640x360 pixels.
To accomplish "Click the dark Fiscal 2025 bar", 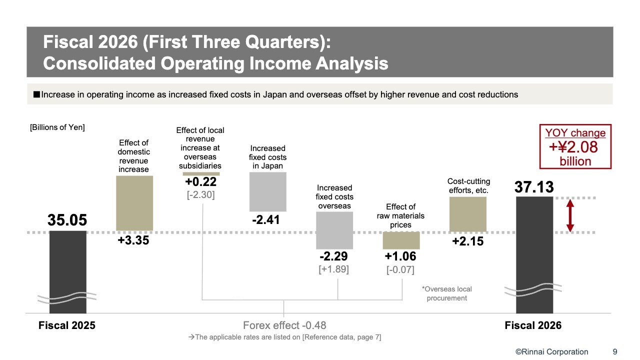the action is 67,272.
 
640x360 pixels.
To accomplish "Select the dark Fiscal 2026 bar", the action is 534,255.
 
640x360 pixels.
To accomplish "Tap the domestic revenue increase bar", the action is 134,203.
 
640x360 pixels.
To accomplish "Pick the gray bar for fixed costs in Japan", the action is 267,191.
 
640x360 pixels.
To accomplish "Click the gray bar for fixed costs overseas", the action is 334,230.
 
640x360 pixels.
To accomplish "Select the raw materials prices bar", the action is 401,240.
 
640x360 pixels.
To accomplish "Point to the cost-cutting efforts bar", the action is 467,214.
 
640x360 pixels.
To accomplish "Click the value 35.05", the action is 67,220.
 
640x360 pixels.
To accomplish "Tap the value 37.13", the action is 534,187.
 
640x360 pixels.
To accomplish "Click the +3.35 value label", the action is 133,240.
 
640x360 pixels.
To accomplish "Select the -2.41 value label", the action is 266,220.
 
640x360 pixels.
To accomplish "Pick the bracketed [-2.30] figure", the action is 201,195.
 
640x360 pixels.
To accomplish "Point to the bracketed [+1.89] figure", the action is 333,269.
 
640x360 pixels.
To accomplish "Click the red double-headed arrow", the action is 570,215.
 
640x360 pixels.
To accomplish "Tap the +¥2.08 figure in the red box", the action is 573,147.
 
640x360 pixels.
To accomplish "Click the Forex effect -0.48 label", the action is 284,325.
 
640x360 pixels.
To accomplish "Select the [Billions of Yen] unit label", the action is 57,127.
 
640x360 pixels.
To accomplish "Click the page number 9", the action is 615,351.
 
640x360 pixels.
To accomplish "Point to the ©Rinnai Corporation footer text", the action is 551,351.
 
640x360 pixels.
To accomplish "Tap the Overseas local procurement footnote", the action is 447,293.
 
